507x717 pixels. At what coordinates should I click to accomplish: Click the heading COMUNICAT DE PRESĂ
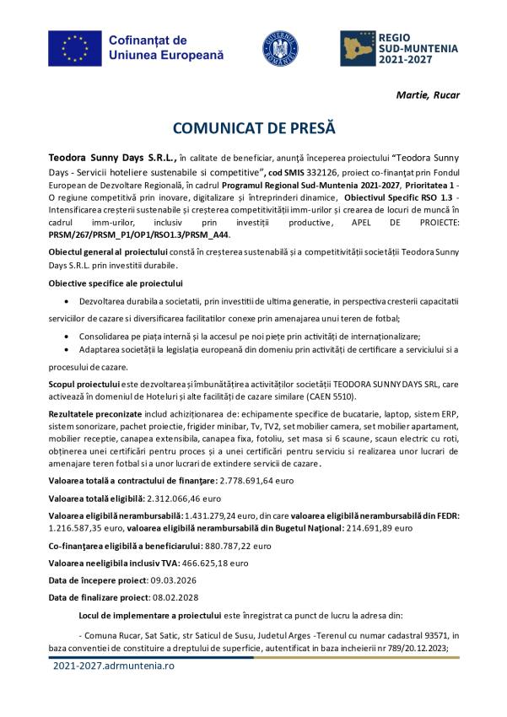pyautogui.click(x=254, y=128)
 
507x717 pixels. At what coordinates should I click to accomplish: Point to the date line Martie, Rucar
pyautogui.click(x=428, y=94)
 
